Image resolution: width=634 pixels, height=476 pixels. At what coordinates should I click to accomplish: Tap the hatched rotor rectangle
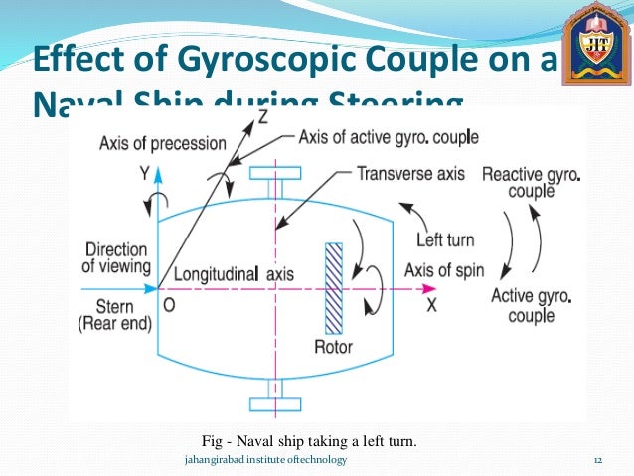point(334,288)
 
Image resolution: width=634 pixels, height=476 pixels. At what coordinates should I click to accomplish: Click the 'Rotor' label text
point(333,349)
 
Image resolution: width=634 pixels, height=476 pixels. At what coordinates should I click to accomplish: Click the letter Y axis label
point(145,172)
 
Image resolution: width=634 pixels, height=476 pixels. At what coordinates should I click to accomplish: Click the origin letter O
point(169,306)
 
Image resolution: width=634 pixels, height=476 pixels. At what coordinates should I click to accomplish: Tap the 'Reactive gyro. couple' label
point(532,182)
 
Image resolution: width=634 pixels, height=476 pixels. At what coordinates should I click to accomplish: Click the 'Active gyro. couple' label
point(531,305)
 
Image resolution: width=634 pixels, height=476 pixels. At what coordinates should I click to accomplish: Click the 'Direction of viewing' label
point(115,257)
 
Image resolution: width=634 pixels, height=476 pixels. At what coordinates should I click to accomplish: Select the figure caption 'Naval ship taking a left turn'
point(308,441)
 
